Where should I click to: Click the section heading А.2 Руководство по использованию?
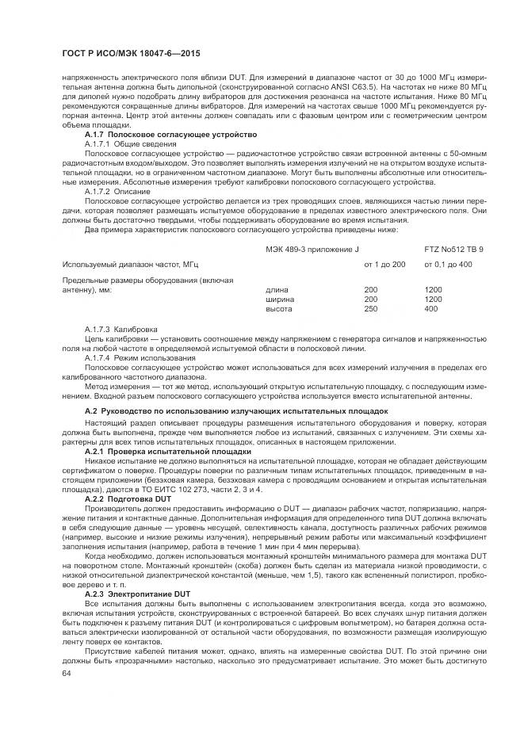[236, 411]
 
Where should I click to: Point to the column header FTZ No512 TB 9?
[454, 250]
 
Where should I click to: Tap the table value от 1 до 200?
[384, 263]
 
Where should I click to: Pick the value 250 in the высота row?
[370, 308]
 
